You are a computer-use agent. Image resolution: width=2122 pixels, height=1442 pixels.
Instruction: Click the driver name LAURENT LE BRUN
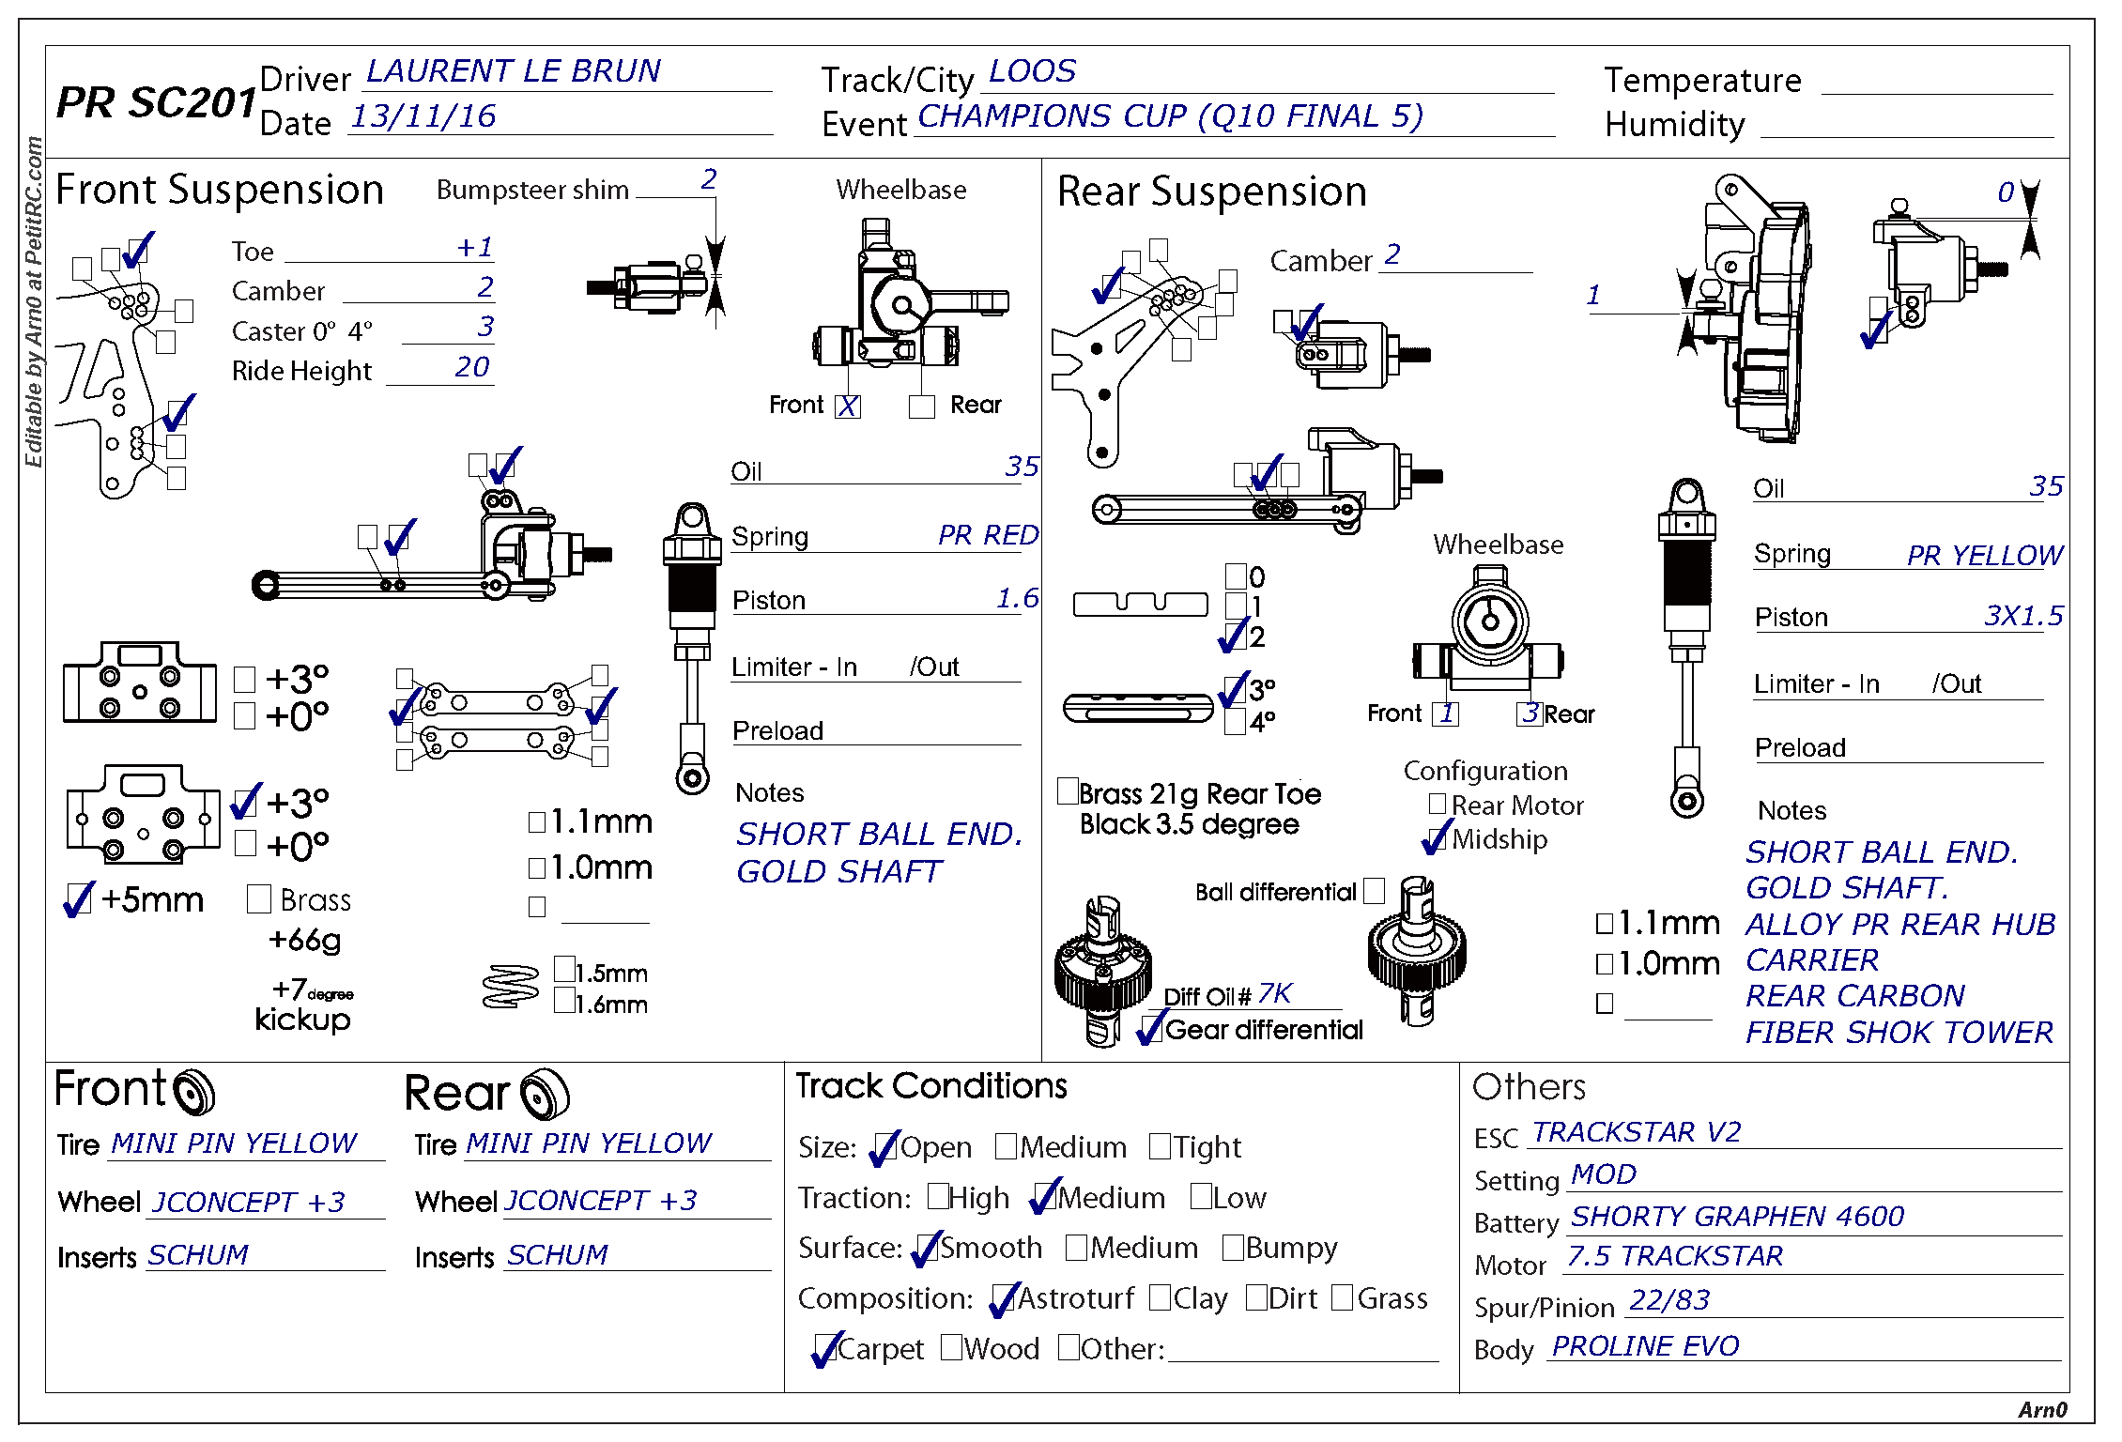coord(513,71)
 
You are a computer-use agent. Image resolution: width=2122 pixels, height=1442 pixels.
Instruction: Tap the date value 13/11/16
coord(423,116)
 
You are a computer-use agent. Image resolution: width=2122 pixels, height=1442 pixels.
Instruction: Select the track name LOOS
coord(1032,71)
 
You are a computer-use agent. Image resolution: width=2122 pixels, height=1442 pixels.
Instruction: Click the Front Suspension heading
coord(220,190)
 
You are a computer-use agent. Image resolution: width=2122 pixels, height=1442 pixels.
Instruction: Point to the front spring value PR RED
coord(988,535)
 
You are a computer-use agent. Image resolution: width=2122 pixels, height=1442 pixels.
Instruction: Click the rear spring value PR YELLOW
coord(1984,555)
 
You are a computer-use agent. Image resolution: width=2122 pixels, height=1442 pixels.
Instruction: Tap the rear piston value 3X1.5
coord(2022,616)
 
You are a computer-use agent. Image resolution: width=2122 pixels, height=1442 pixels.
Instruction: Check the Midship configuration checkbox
coord(1437,838)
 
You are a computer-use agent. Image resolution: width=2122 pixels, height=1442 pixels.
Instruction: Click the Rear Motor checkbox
coord(1437,805)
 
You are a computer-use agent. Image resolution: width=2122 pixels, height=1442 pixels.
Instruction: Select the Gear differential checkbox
coord(1151,1028)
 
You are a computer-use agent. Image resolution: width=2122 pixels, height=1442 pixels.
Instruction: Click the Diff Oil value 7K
coord(1274,993)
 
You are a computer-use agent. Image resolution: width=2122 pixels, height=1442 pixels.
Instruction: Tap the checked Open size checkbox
coord(884,1147)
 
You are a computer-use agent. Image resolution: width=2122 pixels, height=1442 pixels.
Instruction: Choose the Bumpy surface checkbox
coord(1233,1248)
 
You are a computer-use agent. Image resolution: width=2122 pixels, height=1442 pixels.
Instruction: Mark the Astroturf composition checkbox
coord(1004,1298)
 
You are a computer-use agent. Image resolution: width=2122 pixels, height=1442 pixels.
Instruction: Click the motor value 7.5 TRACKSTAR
coord(1674,1256)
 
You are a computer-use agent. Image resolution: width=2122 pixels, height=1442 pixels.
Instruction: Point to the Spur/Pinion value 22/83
coord(1668,1300)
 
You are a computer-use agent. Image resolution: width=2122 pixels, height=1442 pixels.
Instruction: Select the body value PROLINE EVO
coord(1645,1346)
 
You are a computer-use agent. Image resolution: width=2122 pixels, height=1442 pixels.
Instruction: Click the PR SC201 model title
coord(156,103)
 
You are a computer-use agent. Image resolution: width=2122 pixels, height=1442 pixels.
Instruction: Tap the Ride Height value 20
coord(471,367)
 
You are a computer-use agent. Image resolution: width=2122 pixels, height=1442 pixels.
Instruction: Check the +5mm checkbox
coord(79,899)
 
